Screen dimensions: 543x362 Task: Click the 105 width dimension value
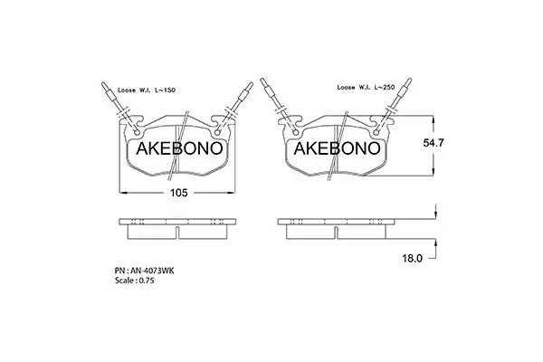pos(178,193)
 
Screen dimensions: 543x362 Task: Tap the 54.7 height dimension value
pos(433,143)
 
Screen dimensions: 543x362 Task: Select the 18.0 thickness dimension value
pos(412,258)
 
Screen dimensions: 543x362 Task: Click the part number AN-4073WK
pos(145,271)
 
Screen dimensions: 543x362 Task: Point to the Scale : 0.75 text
pos(134,281)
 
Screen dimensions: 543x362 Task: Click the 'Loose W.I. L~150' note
pos(147,90)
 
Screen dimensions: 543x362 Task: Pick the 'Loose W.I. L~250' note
pos(366,87)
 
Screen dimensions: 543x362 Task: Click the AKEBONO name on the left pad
pos(179,148)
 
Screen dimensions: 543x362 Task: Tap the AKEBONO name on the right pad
pos(337,148)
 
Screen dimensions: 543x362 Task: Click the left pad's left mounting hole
pos(137,133)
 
